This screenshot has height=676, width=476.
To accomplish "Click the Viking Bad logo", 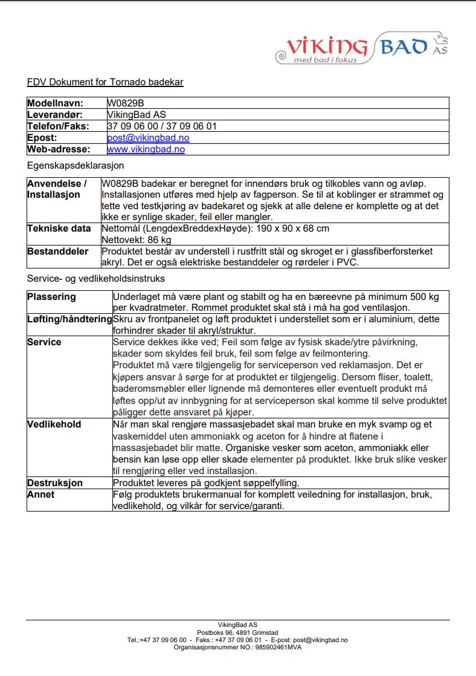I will pos(361,48).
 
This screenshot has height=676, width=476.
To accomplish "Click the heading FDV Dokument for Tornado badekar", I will pos(105,82).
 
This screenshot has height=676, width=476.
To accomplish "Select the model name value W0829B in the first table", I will pos(125,103).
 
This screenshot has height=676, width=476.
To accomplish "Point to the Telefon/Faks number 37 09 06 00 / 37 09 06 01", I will pos(162,126).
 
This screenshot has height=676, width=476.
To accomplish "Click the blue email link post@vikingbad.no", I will pos(148,138).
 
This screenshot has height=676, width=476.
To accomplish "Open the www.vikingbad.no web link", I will pos(146,149).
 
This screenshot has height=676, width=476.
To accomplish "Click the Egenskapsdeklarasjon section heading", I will pos(76,165).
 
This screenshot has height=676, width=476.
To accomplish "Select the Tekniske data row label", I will pos(59,229).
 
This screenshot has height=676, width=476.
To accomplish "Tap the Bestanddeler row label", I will pos(58,251).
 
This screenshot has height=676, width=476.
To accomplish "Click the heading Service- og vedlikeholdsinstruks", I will pos(96,279).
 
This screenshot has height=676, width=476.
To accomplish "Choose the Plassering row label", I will pos(52,297).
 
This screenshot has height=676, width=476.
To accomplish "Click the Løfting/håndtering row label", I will pos(70,319).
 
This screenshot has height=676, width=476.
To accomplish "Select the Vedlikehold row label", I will pos(54,424).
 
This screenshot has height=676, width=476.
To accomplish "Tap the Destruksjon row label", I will pos(55,483).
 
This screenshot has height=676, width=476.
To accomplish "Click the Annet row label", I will pos(41,495).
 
